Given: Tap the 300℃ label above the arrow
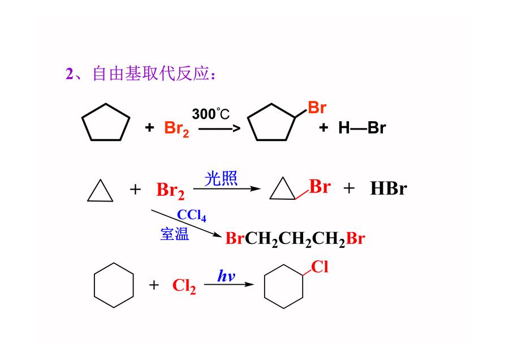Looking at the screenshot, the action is point(211,114).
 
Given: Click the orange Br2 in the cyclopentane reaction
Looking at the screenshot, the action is point(176,128).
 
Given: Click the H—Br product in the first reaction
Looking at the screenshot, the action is point(362,128).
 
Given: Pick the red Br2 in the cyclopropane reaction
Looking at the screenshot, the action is point(170,190).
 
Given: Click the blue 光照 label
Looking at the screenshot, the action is point(221,178).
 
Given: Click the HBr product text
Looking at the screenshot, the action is point(388,188).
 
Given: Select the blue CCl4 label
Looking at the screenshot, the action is point(192,215).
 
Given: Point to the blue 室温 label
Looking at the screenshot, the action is point(175,234).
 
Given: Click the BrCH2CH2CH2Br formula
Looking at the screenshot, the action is point(295,239).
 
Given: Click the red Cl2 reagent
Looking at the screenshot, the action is point(184,286).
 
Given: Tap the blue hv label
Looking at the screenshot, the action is point(226,276).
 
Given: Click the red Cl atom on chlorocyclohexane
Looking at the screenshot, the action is point(320,267).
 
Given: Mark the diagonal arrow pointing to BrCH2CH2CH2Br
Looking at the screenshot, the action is point(186,223).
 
